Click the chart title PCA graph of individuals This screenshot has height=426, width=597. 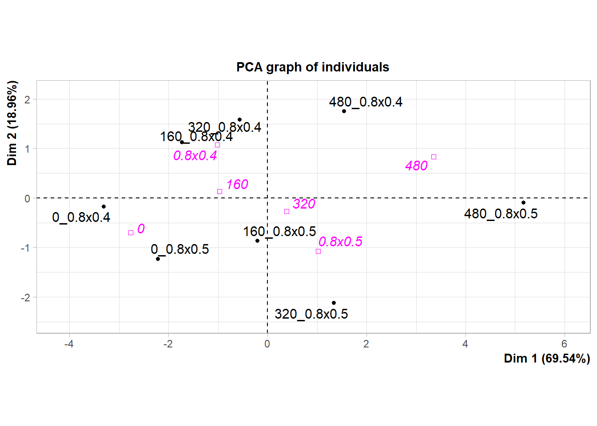point(313,67)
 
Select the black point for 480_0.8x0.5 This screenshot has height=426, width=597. point(523,203)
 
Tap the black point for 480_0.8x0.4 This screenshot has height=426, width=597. point(344,111)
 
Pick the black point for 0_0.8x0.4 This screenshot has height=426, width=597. point(103,206)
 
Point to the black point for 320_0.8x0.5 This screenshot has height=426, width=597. point(334,303)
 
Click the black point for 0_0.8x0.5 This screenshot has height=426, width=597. point(158,259)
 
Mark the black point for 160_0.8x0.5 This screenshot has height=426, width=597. point(257,241)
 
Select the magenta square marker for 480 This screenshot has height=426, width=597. point(434,157)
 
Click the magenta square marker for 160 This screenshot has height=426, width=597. point(219,191)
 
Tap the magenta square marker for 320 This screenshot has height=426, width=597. point(287,211)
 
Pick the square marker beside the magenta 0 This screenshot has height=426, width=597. point(131,233)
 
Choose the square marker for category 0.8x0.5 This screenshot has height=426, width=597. point(318,251)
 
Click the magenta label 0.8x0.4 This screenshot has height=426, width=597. point(195,156)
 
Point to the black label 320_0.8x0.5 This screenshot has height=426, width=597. point(311,314)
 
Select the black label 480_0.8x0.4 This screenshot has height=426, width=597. point(366,102)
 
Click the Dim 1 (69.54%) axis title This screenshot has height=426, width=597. point(547,359)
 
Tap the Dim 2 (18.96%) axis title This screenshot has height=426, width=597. point(12,123)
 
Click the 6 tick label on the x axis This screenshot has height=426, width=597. point(564,344)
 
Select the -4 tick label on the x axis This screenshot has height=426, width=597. point(69,344)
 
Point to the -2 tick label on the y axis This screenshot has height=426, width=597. point(25,297)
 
